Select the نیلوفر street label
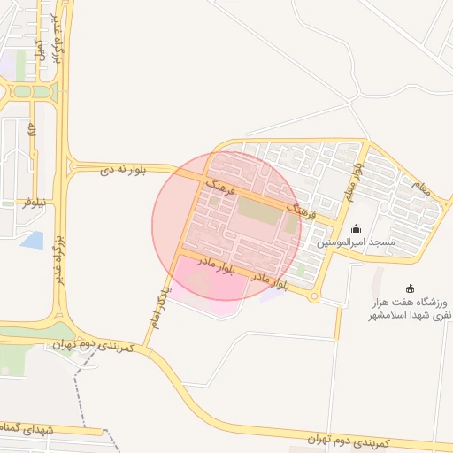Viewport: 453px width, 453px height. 35,203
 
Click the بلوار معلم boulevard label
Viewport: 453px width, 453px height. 355,175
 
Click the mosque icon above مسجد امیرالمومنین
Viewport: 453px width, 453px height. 357,229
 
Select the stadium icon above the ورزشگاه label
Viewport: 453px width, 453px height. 410,288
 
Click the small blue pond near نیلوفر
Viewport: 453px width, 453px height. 33,239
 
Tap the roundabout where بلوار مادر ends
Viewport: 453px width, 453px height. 314,297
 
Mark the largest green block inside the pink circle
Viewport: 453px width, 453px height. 257,211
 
